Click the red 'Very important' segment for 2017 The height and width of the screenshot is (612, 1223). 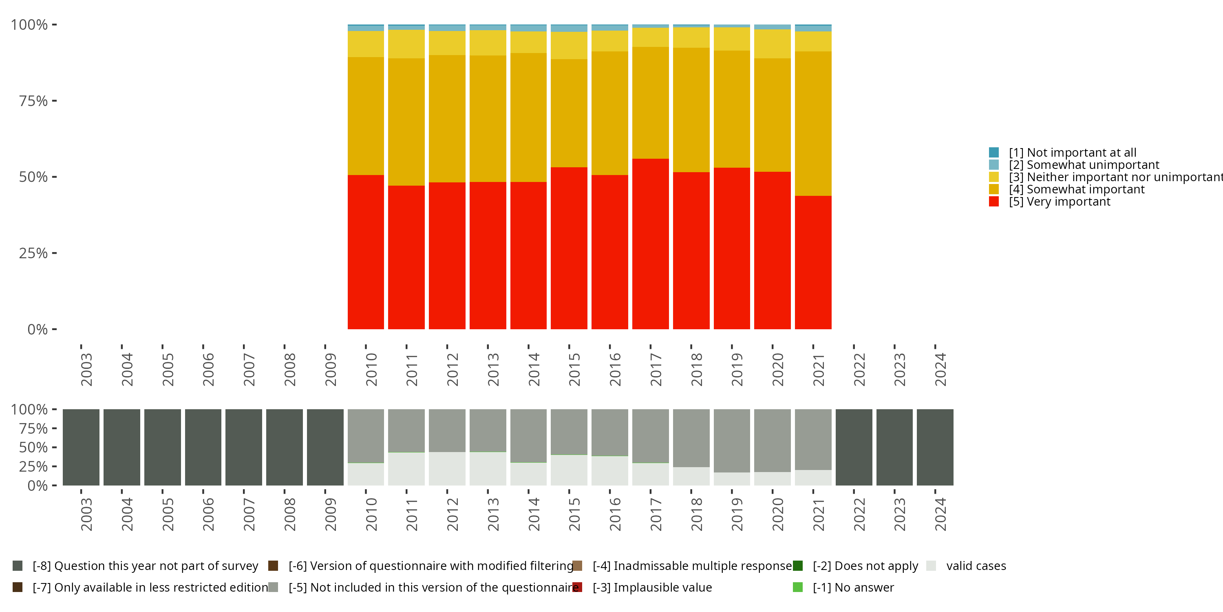point(650,243)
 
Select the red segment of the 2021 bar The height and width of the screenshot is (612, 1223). point(813,262)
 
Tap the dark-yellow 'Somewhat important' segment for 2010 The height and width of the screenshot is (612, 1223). point(366,116)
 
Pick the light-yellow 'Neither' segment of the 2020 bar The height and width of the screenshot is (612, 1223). point(773,44)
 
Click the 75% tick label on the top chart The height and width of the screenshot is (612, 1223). point(33,101)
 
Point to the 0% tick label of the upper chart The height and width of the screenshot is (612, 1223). point(38,329)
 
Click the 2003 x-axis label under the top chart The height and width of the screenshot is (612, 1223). point(86,369)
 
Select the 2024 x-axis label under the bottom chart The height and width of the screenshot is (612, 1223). point(940,514)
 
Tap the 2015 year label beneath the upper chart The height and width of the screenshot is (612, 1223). point(574,369)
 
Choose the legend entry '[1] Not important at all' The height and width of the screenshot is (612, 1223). point(1072,153)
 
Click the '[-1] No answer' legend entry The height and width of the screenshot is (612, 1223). point(853,587)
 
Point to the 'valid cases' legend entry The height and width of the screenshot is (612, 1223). point(976,565)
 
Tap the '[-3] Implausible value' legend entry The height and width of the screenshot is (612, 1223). point(652,587)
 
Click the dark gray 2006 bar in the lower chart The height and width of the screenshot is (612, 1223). point(203,447)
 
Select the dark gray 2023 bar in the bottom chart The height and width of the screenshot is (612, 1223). point(894,447)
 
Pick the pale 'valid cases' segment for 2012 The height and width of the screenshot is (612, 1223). point(447,468)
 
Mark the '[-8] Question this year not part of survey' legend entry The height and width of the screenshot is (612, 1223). point(145,565)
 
